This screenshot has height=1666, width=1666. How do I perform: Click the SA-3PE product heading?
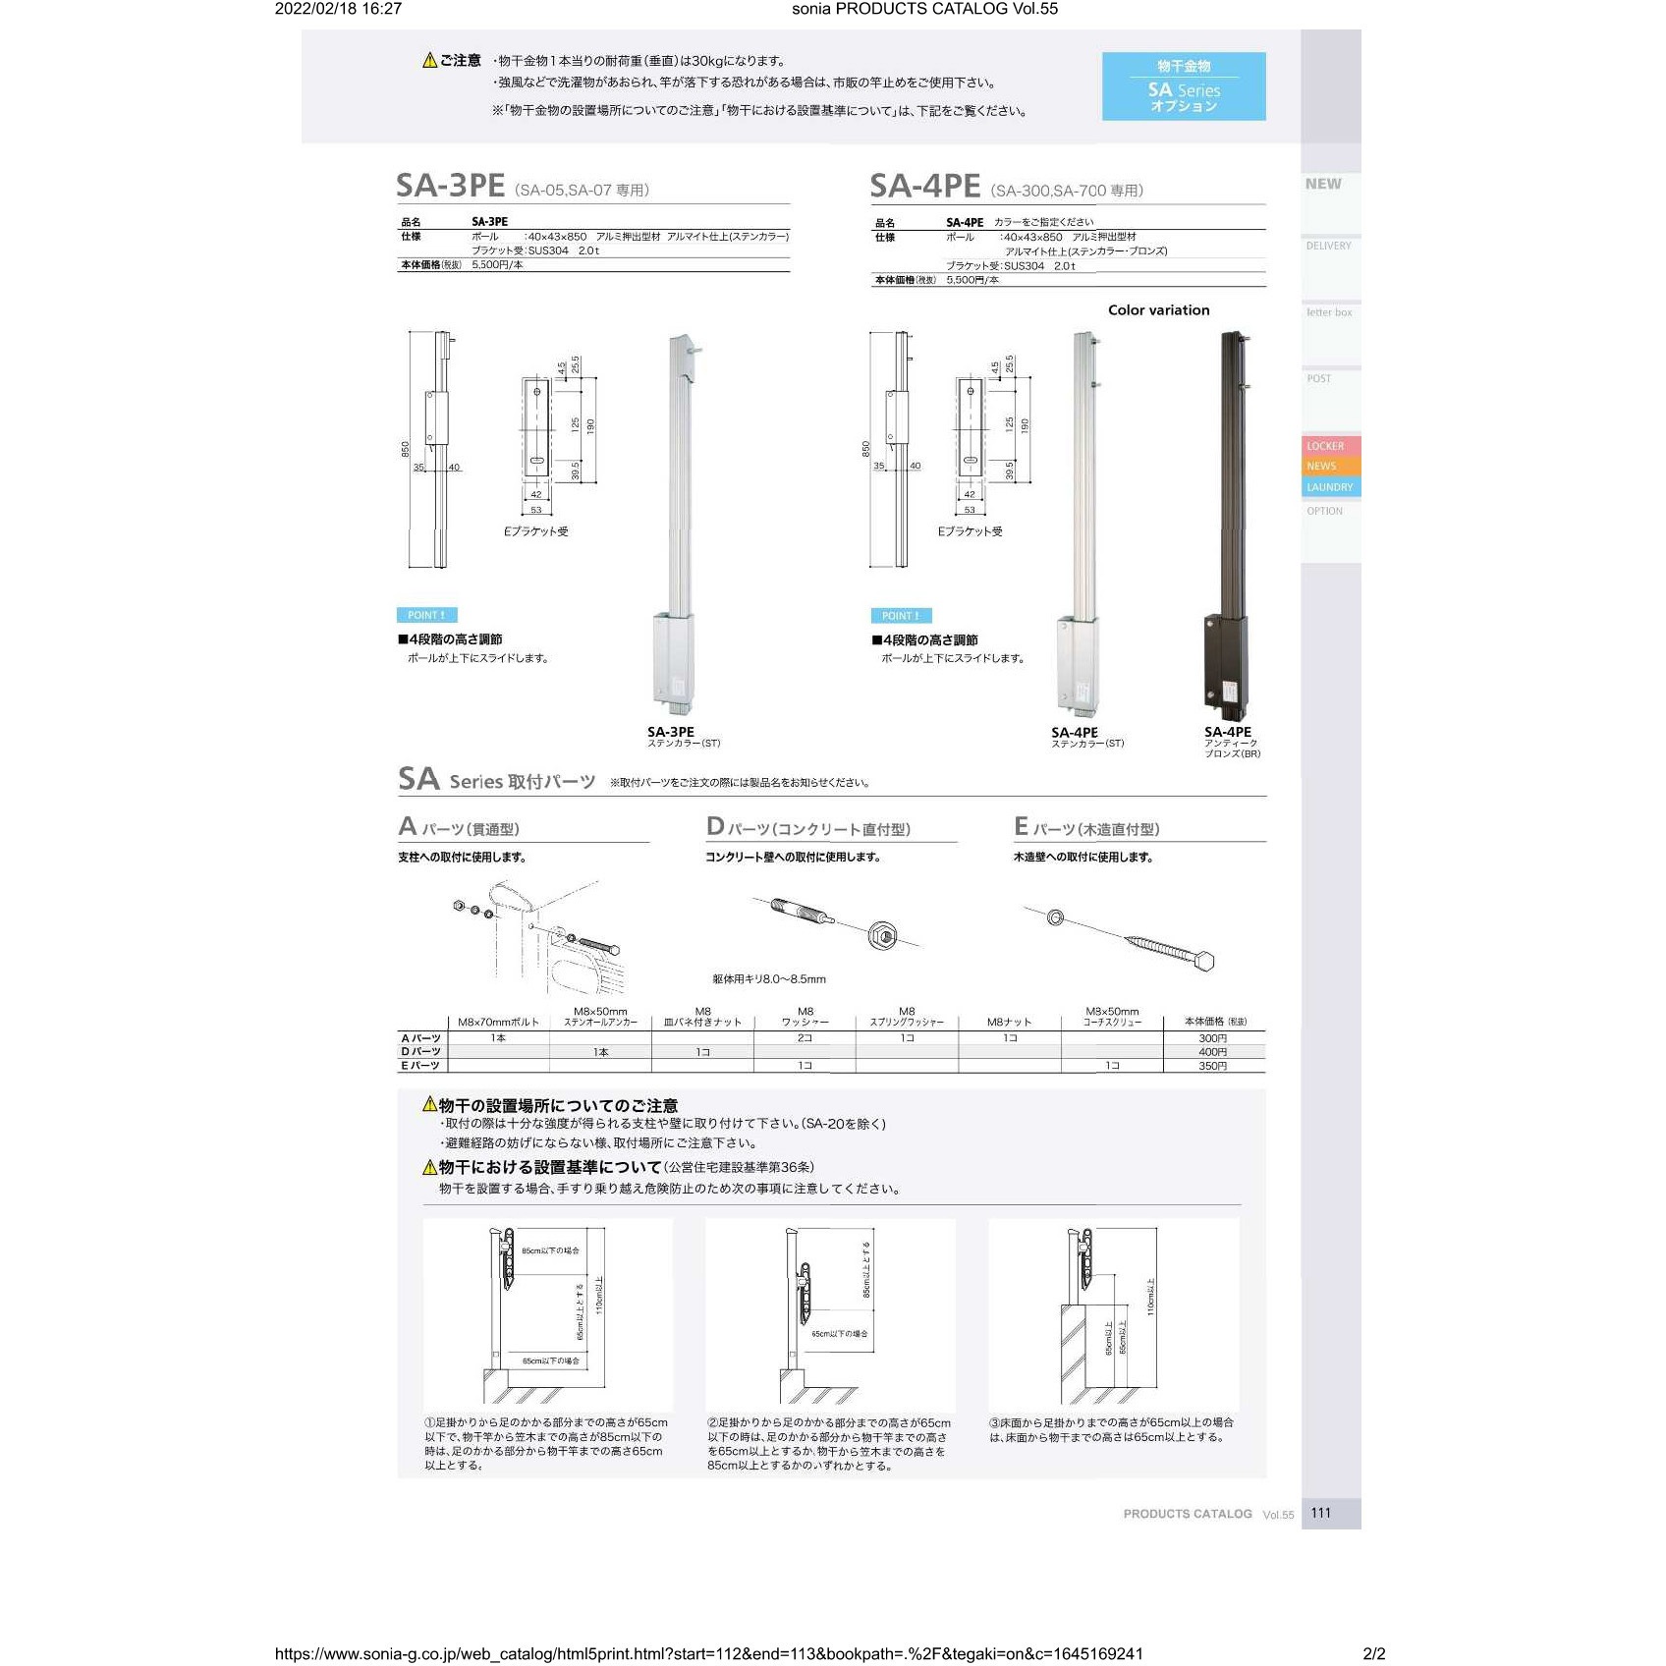[x=450, y=186]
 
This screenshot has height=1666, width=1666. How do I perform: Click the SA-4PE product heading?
[x=924, y=187]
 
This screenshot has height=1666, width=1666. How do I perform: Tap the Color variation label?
[x=1158, y=310]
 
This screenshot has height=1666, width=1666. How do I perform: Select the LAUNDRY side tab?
[x=1329, y=487]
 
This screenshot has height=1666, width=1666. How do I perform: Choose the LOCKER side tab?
[x=1325, y=446]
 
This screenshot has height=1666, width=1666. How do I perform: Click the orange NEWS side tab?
[x=1321, y=467]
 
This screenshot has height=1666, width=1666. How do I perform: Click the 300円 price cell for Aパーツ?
[x=1212, y=1038]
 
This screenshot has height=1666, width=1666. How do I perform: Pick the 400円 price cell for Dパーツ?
[x=1212, y=1052]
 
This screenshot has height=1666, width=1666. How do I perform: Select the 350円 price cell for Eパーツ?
[x=1212, y=1066]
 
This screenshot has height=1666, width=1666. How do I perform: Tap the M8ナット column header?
[x=1009, y=1022]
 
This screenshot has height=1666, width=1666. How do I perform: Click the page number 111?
[x=1320, y=1513]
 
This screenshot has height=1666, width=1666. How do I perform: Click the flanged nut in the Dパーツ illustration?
[x=883, y=935]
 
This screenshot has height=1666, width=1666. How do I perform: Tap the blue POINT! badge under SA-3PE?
[x=426, y=615]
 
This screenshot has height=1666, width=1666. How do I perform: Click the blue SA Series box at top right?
[x=1183, y=86]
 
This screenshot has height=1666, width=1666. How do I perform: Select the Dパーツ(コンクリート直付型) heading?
[x=808, y=828]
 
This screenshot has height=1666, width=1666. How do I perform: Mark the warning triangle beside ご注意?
[x=429, y=61]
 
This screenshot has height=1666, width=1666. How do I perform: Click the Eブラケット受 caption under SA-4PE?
[x=970, y=531]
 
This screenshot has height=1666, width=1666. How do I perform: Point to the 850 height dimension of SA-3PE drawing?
[x=405, y=449]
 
